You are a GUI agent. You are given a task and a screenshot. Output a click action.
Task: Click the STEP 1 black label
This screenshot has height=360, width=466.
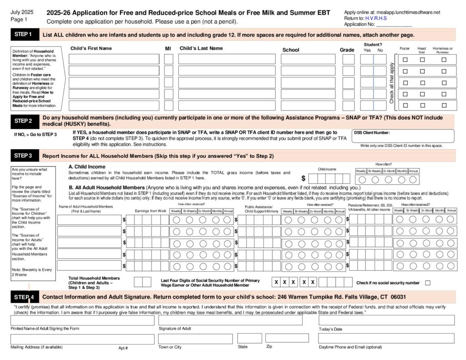tap(23, 35)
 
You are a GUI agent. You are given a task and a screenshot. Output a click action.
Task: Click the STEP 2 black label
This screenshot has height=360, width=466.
tap(23, 121)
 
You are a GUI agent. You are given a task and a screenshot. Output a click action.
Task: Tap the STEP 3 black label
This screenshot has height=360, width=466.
tap(23, 156)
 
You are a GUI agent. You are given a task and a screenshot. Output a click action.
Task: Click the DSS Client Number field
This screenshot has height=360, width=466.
tap(402, 136)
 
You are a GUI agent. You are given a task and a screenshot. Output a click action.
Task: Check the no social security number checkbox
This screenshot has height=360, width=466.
tap(427, 283)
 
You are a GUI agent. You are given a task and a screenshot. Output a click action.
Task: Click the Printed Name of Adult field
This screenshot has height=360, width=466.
tap(82, 320)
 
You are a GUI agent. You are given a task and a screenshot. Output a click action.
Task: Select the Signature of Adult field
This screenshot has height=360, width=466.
tap(230, 320)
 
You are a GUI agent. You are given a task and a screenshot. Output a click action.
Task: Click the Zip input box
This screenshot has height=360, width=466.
tap(287, 338)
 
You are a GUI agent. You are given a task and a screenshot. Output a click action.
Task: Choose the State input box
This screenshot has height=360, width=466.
tap(249, 338)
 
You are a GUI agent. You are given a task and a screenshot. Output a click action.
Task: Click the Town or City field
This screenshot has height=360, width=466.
tap(195, 339)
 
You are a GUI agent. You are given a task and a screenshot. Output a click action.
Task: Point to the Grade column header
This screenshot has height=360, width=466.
tap(347, 50)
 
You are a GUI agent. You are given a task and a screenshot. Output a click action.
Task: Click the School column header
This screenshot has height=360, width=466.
tap(291, 50)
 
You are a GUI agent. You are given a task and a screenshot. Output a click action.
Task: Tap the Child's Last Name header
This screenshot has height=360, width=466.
tap(201, 48)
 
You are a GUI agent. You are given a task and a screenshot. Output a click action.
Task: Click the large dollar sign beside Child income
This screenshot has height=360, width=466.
tap(304, 178)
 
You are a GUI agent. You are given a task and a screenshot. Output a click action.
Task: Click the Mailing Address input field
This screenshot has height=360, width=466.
tap(82, 339)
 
